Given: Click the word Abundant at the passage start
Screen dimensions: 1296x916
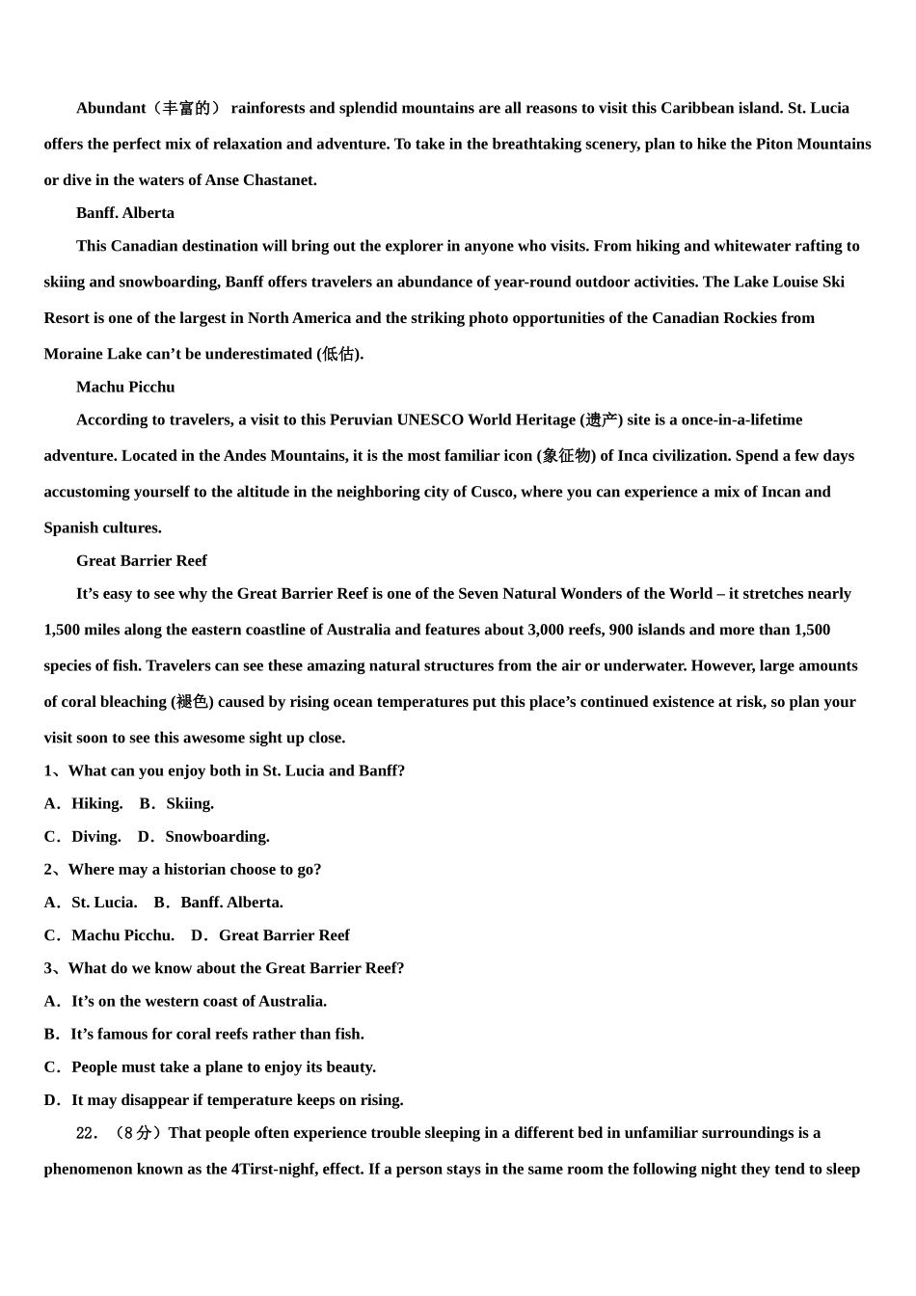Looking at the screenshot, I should coord(111,108).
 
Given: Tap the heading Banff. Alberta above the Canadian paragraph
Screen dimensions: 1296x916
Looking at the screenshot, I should coord(125,213).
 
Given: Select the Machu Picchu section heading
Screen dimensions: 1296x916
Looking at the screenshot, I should coord(125,387).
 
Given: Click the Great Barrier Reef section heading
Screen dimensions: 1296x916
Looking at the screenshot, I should coord(142,560).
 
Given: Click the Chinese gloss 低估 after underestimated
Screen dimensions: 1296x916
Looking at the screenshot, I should coord(339,354).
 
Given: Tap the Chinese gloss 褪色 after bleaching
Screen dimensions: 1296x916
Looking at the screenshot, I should coord(192,702).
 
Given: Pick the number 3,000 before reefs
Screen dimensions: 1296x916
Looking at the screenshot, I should coord(552,630).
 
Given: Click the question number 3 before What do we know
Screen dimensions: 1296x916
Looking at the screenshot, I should coord(48,968).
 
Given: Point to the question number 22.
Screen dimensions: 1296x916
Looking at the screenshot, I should coord(86,1133).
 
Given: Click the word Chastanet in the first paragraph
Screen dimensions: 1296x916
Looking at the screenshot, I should coord(282,180).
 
